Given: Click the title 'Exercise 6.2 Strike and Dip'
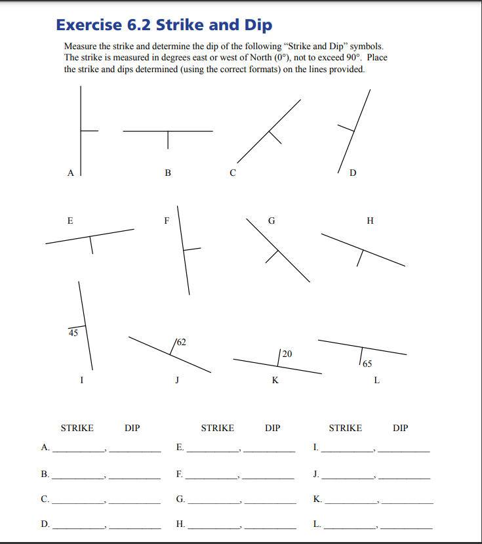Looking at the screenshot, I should [164, 25].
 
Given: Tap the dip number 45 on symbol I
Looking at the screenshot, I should [73, 333].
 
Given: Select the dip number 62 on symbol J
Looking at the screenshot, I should [181, 342].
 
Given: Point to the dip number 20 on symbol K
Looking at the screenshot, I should [287, 354].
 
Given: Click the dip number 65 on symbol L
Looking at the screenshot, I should [367, 363].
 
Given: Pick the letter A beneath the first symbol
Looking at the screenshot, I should [70, 173].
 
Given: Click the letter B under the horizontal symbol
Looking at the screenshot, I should [168, 173].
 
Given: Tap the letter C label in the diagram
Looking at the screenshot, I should [232, 173].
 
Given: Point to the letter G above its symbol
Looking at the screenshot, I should [271, 220].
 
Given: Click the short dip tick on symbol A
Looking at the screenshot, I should [89, 130].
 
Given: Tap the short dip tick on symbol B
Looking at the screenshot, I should [168, 139].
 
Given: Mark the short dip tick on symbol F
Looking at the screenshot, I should [191, 249].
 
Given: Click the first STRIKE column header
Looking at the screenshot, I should [77, 428].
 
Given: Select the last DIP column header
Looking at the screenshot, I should [400, 428].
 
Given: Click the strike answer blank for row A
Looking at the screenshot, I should [78, 451].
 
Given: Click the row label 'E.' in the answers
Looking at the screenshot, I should [180, 448].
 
